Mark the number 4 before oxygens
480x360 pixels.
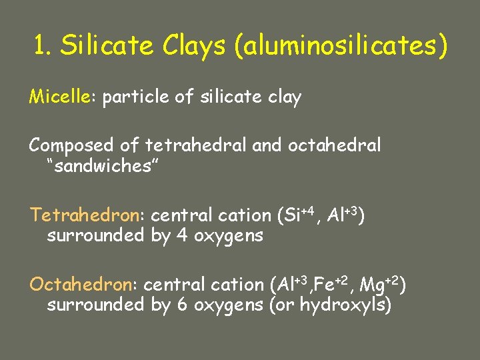182,235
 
